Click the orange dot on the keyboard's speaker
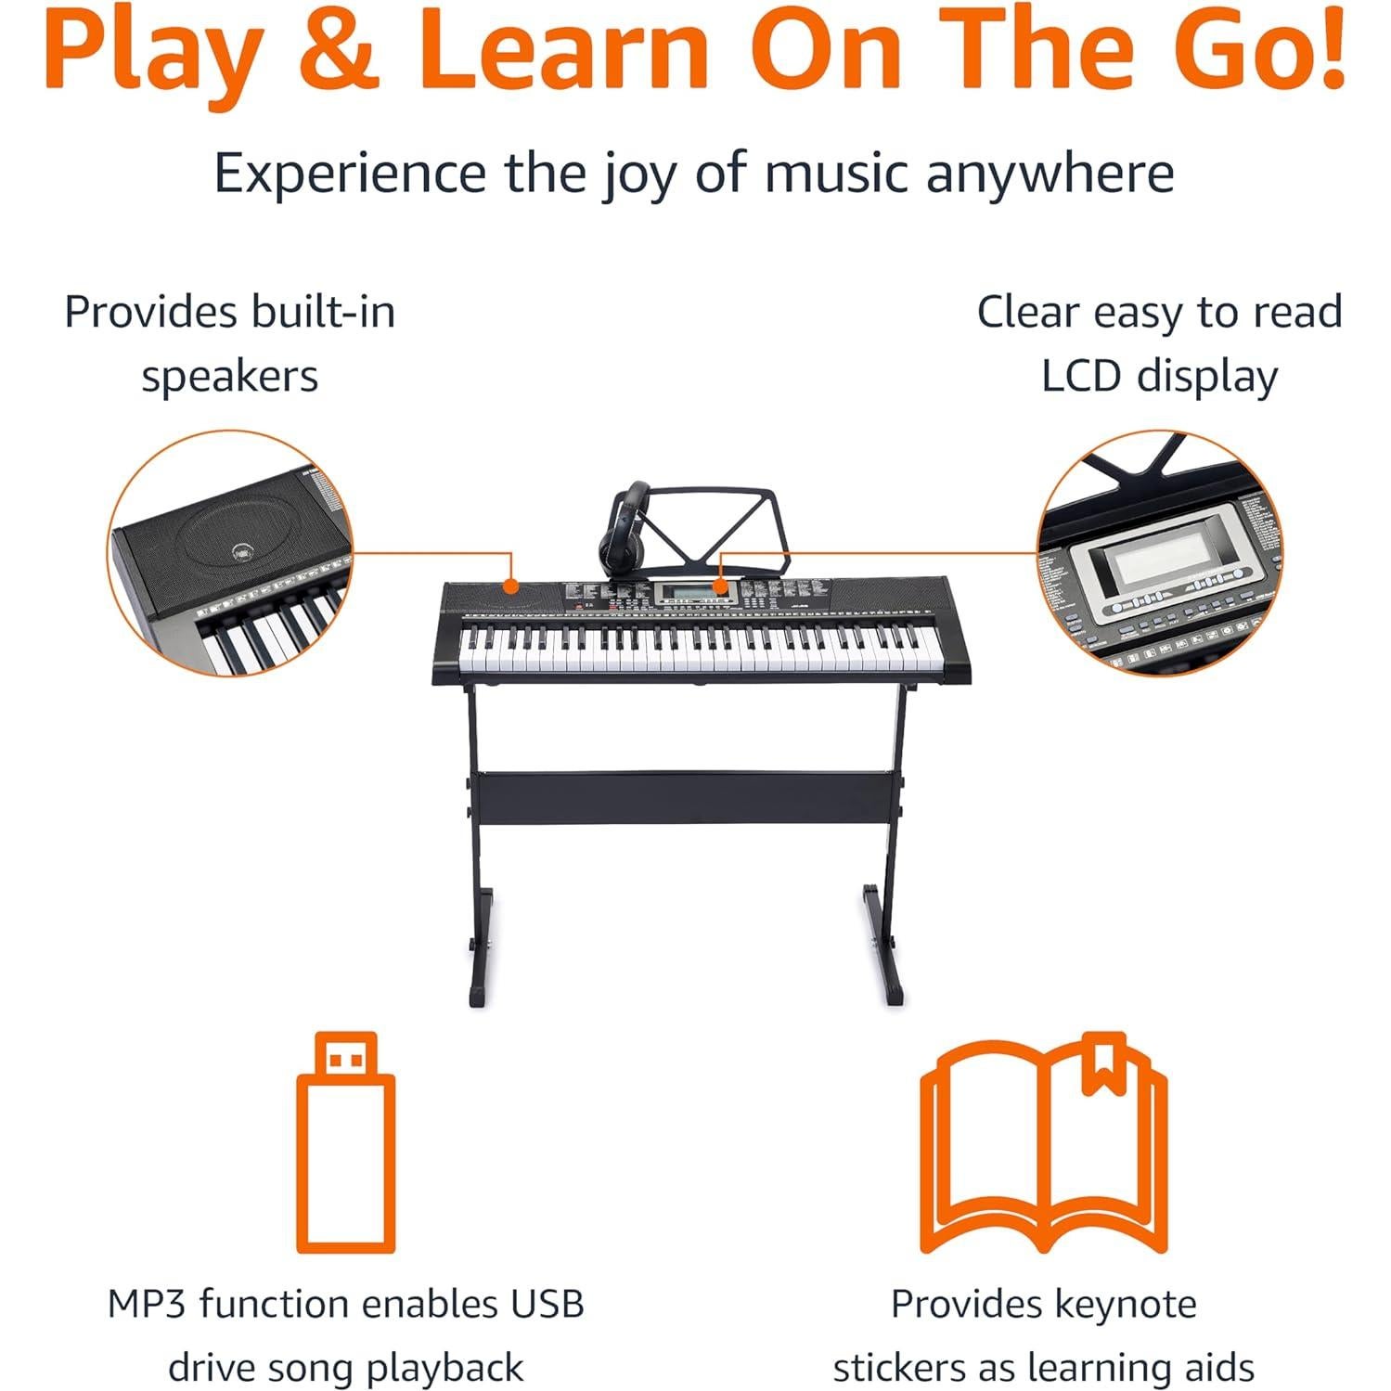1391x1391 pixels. [509, 586]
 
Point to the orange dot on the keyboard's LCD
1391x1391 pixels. [720, 585]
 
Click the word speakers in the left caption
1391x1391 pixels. [229, 377]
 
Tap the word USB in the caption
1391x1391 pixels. [547, 1304]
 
